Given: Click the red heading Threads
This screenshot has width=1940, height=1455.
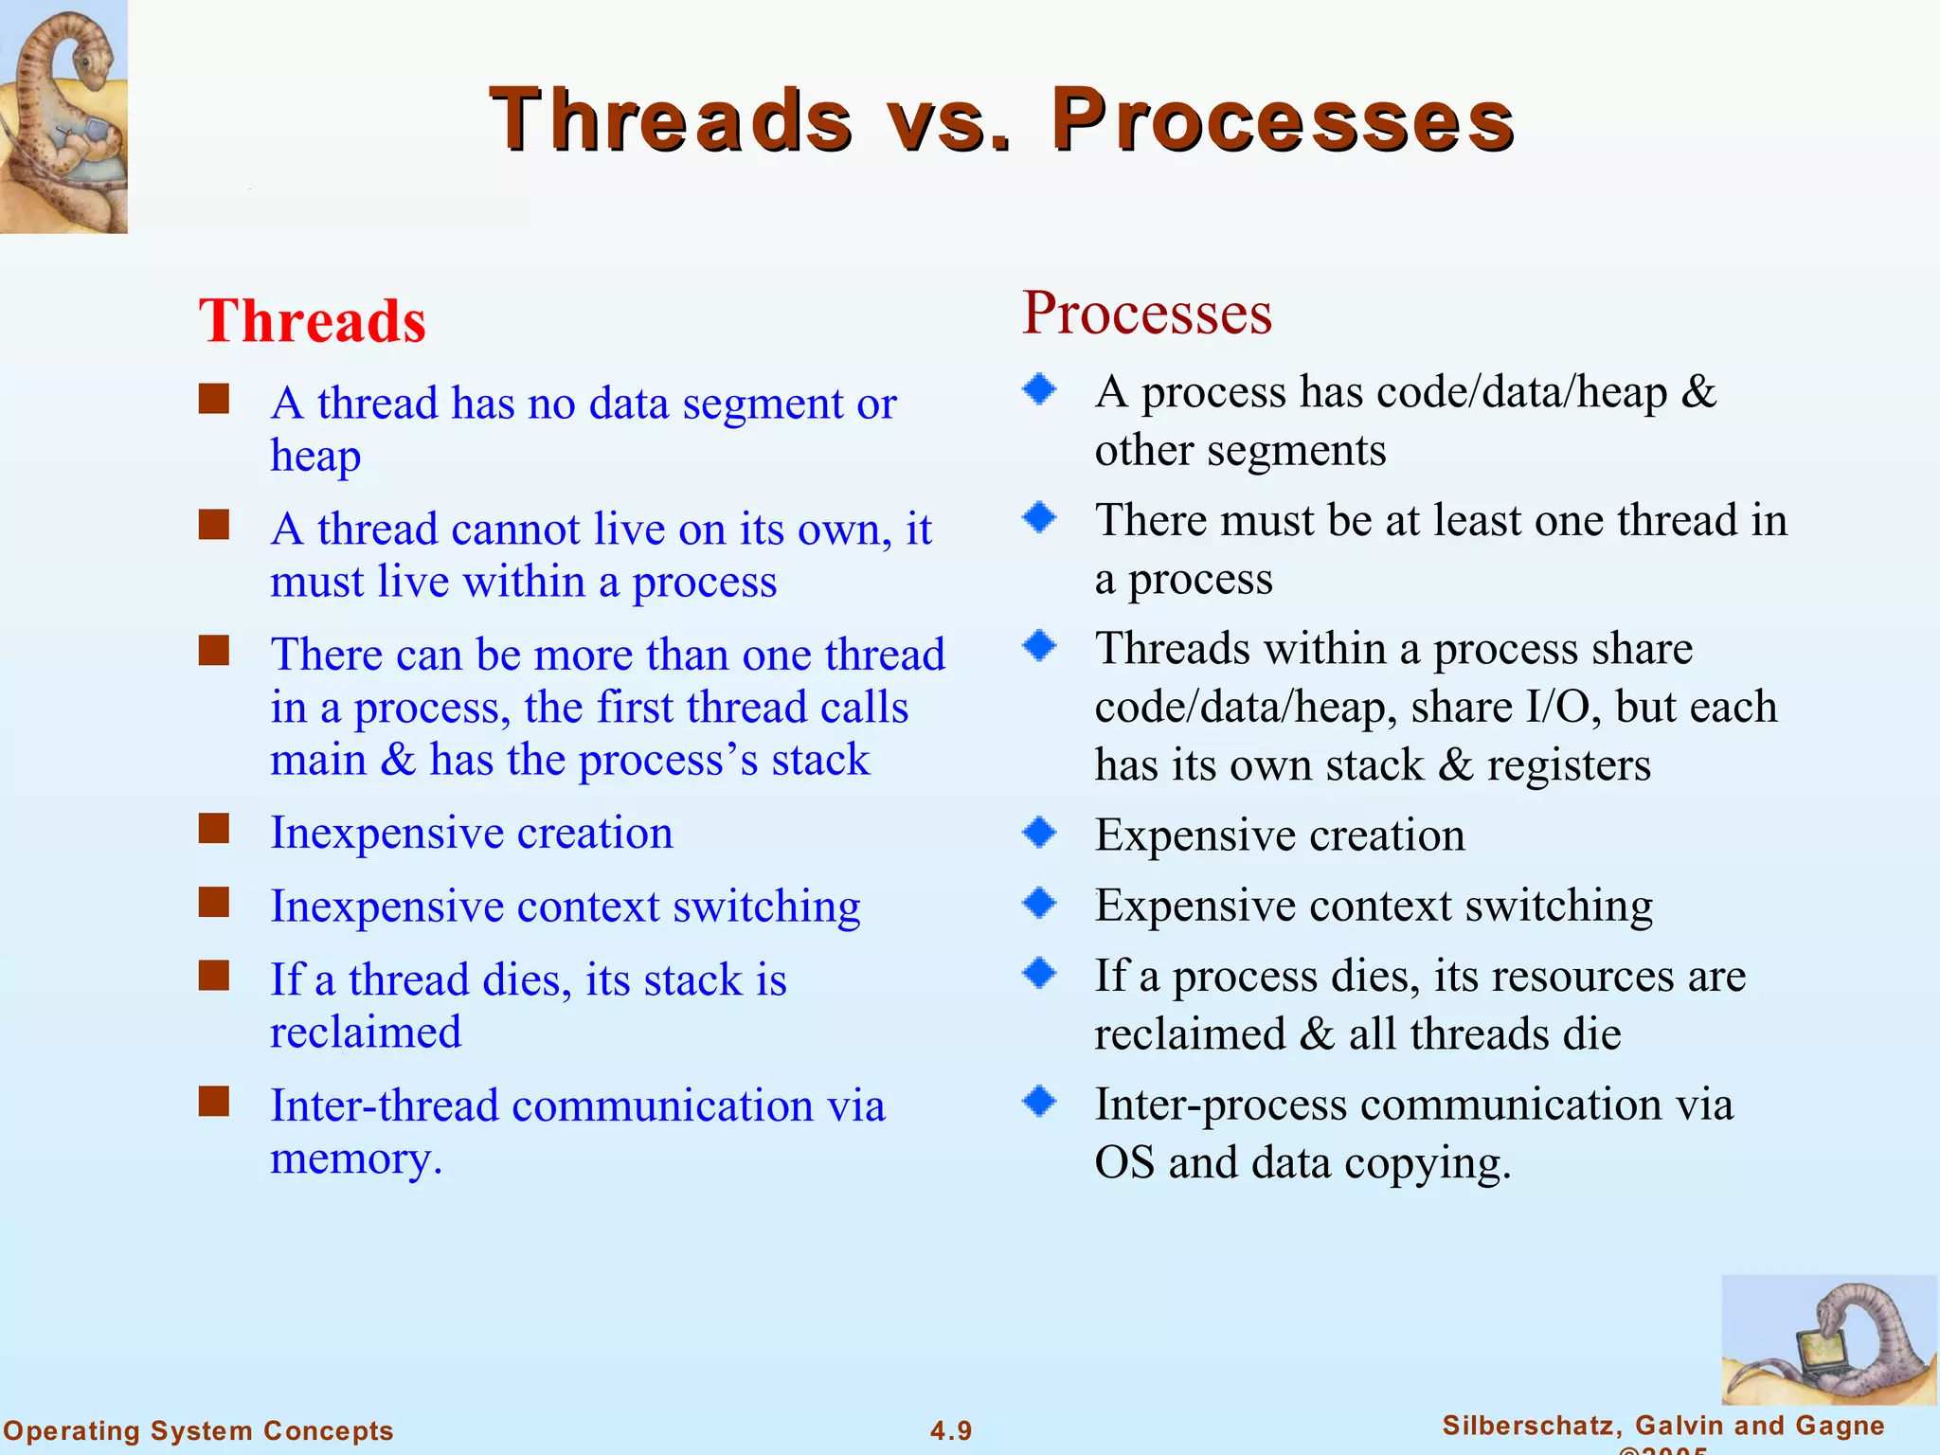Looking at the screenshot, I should [x=312, y=321].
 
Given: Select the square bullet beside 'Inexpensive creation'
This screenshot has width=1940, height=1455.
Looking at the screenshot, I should [x=214, y=829].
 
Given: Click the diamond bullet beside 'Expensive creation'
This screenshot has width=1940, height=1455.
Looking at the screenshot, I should [x=1039, y=832].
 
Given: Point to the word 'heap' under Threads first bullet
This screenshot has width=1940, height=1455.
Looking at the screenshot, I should [x=315, y=457].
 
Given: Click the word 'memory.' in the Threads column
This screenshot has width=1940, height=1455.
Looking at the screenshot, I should [x=356, y=1159].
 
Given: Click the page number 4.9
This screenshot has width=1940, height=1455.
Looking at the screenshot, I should [x=950, y=1430].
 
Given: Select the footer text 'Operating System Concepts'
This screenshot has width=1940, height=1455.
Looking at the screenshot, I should [x=198, y=1430].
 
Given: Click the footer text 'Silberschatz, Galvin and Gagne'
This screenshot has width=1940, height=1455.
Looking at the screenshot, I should [x=1662, y=1425].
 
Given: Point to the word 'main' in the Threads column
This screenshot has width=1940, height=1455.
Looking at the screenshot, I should [x=318, y=761].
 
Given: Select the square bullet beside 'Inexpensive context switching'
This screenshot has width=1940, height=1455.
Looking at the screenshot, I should [x=214, y=903].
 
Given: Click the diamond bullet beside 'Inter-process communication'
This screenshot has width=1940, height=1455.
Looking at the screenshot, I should [x=1039, y=1101].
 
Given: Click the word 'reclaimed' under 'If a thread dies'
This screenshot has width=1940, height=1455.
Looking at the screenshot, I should [x=366, y=1033].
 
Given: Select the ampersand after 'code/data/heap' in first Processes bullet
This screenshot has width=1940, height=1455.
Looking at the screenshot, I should [x=1698, y=392].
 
